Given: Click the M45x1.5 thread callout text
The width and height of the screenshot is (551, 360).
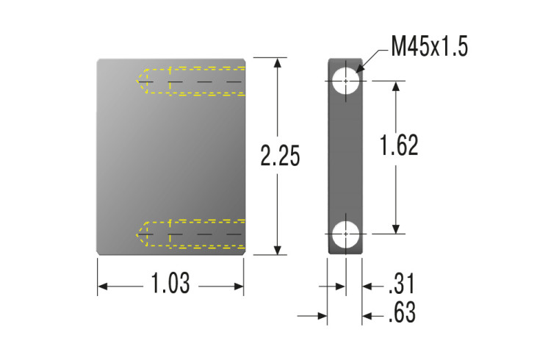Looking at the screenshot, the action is point(430,46).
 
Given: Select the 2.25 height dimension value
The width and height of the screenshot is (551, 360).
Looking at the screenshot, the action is point(280,156).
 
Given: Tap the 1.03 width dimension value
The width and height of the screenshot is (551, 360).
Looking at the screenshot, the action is point(170,283).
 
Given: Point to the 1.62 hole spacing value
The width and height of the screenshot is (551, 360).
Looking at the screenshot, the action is point(399,145).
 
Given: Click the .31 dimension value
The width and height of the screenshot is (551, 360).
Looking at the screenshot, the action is point(402,284).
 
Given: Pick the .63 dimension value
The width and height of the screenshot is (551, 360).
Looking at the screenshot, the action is point(402,312).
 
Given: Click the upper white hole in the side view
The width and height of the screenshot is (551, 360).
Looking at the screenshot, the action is point(346,82).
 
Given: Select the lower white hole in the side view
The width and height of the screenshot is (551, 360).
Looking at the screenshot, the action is point(346,234).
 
